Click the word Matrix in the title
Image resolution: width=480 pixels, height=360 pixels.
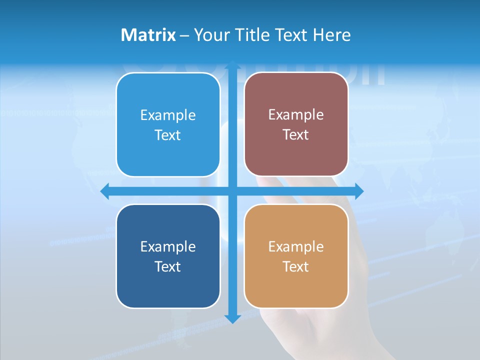[x=148, y=35]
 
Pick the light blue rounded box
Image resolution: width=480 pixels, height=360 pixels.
[x=168, y=125]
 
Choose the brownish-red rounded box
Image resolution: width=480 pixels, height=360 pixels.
[x=296, y=124]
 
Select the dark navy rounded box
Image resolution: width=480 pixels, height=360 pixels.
[x=168, y=256]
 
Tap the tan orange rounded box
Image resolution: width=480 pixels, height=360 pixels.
[x=296, y=256]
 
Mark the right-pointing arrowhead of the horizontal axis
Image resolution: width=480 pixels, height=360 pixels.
[x=359, y=191]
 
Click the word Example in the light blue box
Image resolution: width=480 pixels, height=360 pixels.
[x=168, y=115]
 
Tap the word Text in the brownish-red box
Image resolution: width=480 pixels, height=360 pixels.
[x=296, y=135]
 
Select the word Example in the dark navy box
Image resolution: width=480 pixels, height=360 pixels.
[x=168, y=246]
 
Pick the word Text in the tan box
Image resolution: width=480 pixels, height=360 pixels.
[x=296, y=266]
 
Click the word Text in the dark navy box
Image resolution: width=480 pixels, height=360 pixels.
[x=168, y=266]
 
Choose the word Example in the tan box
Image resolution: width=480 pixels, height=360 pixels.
[x=296, y=246]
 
